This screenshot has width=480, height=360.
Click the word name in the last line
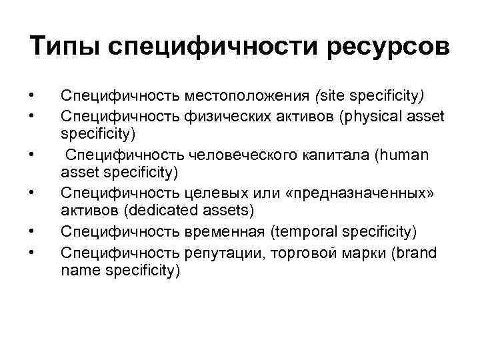coord(75,271)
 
